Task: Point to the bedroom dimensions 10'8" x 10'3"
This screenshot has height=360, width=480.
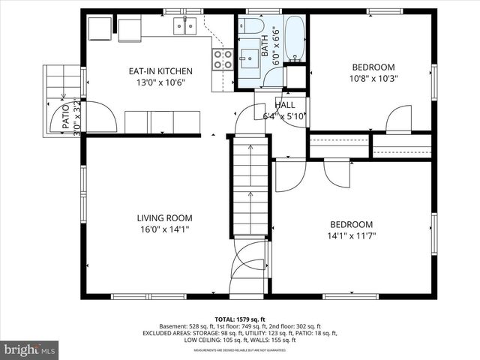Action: click(x=373, y=77)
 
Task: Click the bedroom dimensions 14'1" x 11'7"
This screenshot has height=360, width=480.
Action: click(x=352, y=235)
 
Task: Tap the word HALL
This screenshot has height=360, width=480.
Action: click(x=285, y=105)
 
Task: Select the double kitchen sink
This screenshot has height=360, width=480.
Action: click(x=184, y=27)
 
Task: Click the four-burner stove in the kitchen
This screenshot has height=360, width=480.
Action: click(x=222, y=59)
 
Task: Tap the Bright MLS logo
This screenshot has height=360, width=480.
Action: click(x=30, y=349)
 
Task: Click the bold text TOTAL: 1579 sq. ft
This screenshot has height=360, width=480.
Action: click(x=239, y=319)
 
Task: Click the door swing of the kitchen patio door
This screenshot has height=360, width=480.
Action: click(x=100, y=117)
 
